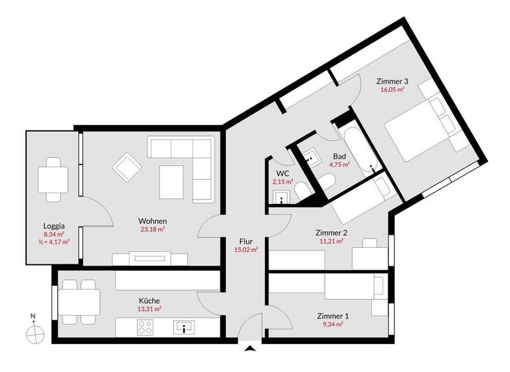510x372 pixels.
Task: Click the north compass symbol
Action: pyautogui.click(x=33, y=331)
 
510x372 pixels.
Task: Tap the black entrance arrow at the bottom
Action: pyautogui.click(x=250, y=349)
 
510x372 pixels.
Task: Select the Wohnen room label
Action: pyautogui.click(x=152, y=221)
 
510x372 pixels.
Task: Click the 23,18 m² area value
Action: pyautogui.click(x=152, y=229)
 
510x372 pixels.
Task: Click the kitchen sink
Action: pyautogui.click(x=185, y=327)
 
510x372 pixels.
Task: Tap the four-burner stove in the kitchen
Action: pyautogui.click(x=146, y=327)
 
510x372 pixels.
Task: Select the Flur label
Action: pyautogui.click(x=246, y=242)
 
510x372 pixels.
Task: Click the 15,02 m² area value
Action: pyautogui.click(x=246, y=250)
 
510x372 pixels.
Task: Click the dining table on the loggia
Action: pyautogui.click(x=52, y=178)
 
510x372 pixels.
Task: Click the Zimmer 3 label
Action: pyautogui.click(x=392, y=81)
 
